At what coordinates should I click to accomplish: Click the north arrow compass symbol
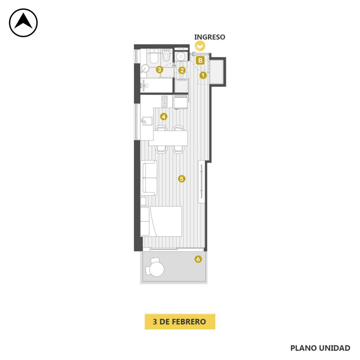coord(23,23)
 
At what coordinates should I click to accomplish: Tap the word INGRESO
coord(209,37)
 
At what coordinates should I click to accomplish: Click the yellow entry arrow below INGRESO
coord(200,46)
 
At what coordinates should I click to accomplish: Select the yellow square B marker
coord(200,61)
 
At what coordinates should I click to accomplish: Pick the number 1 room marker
coord(203,75)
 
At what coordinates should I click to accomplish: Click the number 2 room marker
coord(182,70)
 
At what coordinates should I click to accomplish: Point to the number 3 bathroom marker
coord(160,70)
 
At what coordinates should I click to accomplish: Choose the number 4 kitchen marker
coord(163,117)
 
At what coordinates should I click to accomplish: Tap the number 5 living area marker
coord(182,179)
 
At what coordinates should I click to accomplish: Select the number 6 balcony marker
coord(198,259)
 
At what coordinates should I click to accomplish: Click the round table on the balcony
coord(157,269)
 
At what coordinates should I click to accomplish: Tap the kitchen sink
coord(147,121)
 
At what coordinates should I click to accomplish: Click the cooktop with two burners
coord(164,101)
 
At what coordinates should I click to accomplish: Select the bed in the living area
coord(161,221)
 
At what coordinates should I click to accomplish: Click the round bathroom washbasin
coord(145,68)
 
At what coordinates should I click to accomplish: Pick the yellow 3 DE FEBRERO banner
coord(180,321)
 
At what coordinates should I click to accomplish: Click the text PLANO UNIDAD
coord(320,348)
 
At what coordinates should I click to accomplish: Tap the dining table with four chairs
coord(168,138)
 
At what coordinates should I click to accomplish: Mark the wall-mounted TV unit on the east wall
coord(202,181)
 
